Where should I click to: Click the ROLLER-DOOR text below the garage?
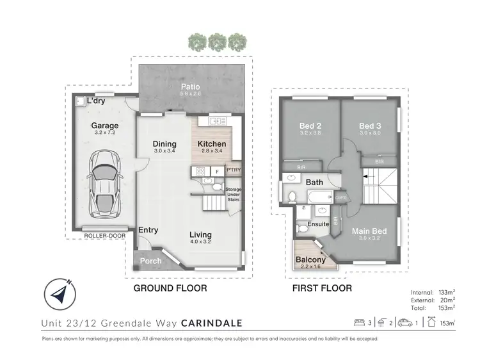coord(104,236)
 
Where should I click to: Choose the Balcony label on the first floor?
coord(311,259)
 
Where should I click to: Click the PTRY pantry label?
coord(233,170)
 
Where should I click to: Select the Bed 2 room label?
coord(311,126)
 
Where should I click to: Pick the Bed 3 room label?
coord(370,126)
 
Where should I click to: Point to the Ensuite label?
coord(318,224)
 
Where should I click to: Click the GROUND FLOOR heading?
coord(170,288)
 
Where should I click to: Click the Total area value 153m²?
coord(442,308)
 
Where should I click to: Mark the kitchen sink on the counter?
coord(214,120)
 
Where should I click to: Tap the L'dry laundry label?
coord(96,101)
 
